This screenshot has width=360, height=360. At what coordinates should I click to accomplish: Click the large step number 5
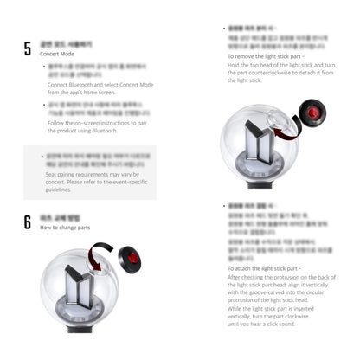28,48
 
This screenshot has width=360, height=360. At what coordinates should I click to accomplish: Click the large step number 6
28,222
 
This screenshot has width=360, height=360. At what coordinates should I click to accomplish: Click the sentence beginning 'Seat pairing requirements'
85,174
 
